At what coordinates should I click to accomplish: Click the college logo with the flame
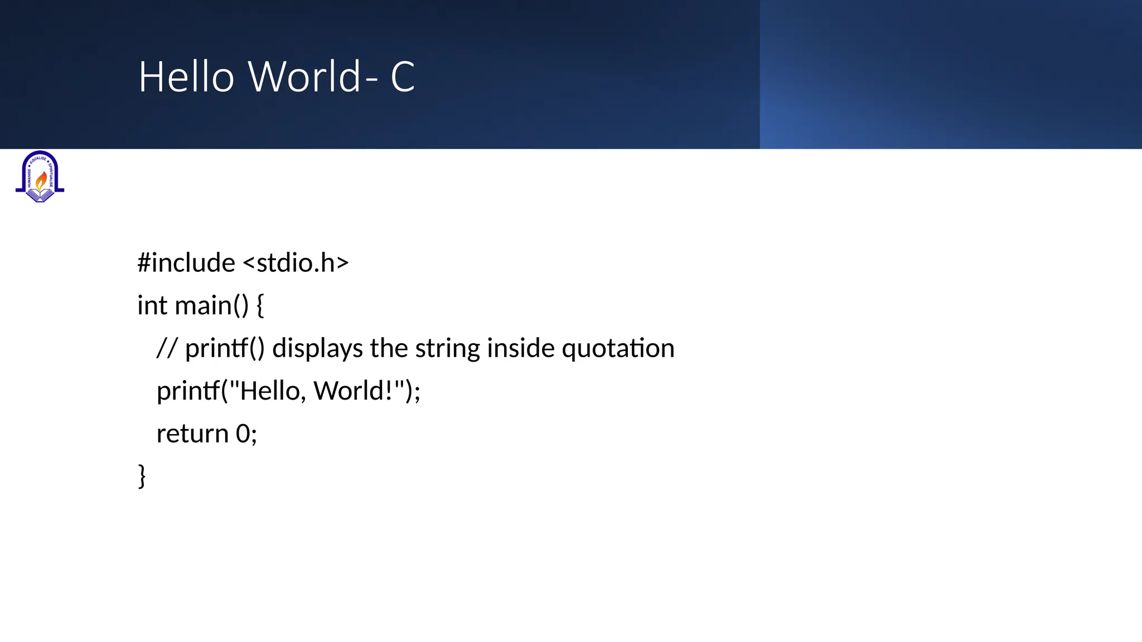pos(40,176)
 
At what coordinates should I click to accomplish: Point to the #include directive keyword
pos(186,262)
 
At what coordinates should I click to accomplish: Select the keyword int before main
pos(152,305)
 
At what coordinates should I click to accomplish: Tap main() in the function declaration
pos(211,305)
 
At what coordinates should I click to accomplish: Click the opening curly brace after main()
pos(260,305)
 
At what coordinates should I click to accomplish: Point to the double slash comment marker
pos(167,348)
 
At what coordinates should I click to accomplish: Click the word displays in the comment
pos(317,348)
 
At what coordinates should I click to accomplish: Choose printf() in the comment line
pos(224,348)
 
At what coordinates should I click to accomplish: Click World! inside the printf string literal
pos(353,391)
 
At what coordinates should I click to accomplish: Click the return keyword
pos(192,434)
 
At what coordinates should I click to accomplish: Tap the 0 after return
pos(243,434)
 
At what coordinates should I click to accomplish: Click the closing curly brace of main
pos(142,476)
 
